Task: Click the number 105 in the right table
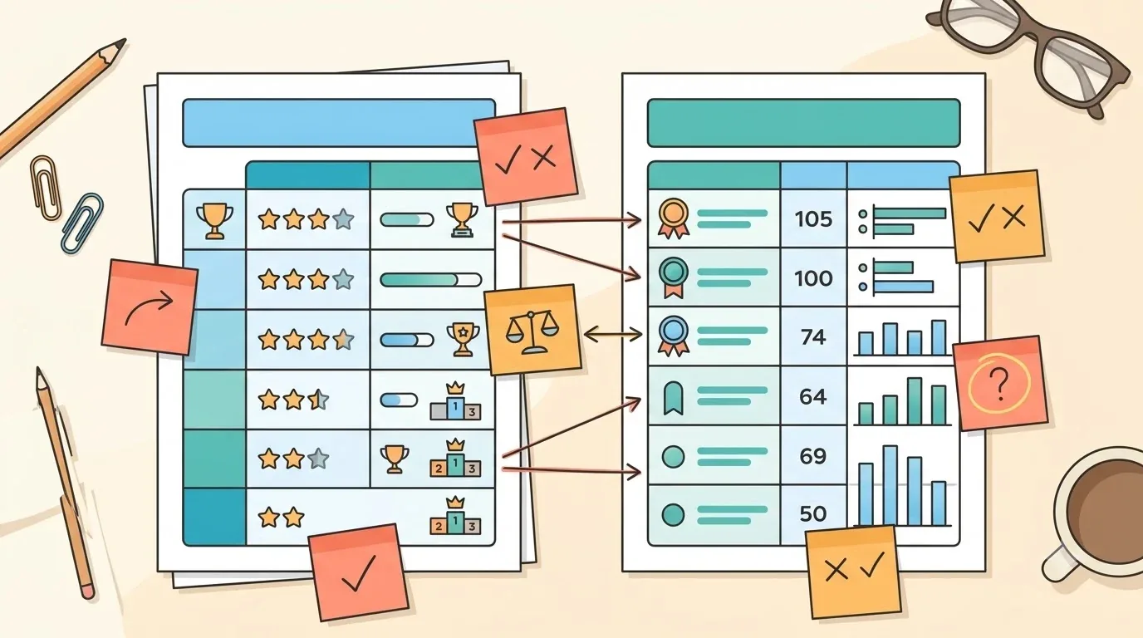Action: (x=813, y=219)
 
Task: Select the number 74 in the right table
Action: (x=813, y=337)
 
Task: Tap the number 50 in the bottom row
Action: (x=813, y=513)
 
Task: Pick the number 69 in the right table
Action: (x=813, y=455)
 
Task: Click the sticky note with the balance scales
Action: (x=532, y=330)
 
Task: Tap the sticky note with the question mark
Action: (x=1000, y=383)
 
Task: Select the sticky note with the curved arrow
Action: (x=150, y=307)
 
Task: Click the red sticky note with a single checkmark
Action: (x=359, y=572)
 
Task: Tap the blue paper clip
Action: (x=81, y=223)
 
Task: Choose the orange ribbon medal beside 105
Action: (x=674, y=218)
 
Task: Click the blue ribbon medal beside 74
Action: (x=674, y=336)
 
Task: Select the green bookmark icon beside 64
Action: (x=674, y=398)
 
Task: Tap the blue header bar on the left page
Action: (x=339, y=123)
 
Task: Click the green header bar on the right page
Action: (x=804, y=123)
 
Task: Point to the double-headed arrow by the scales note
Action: (x=612, y=335)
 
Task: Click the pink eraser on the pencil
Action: (x=88, y=591)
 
